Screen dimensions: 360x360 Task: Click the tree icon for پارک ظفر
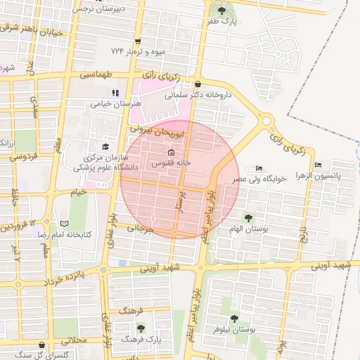coord(223,11)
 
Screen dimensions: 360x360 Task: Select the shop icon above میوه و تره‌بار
coord(137,41)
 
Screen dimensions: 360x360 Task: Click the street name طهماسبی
coord(96,74)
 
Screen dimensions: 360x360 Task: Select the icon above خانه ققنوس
coord(171,153)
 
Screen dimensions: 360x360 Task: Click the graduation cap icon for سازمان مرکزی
coord(105,147)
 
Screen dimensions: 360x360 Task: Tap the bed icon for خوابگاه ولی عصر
coord(259,169)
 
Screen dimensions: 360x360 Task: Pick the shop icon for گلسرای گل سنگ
coord(44,345)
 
